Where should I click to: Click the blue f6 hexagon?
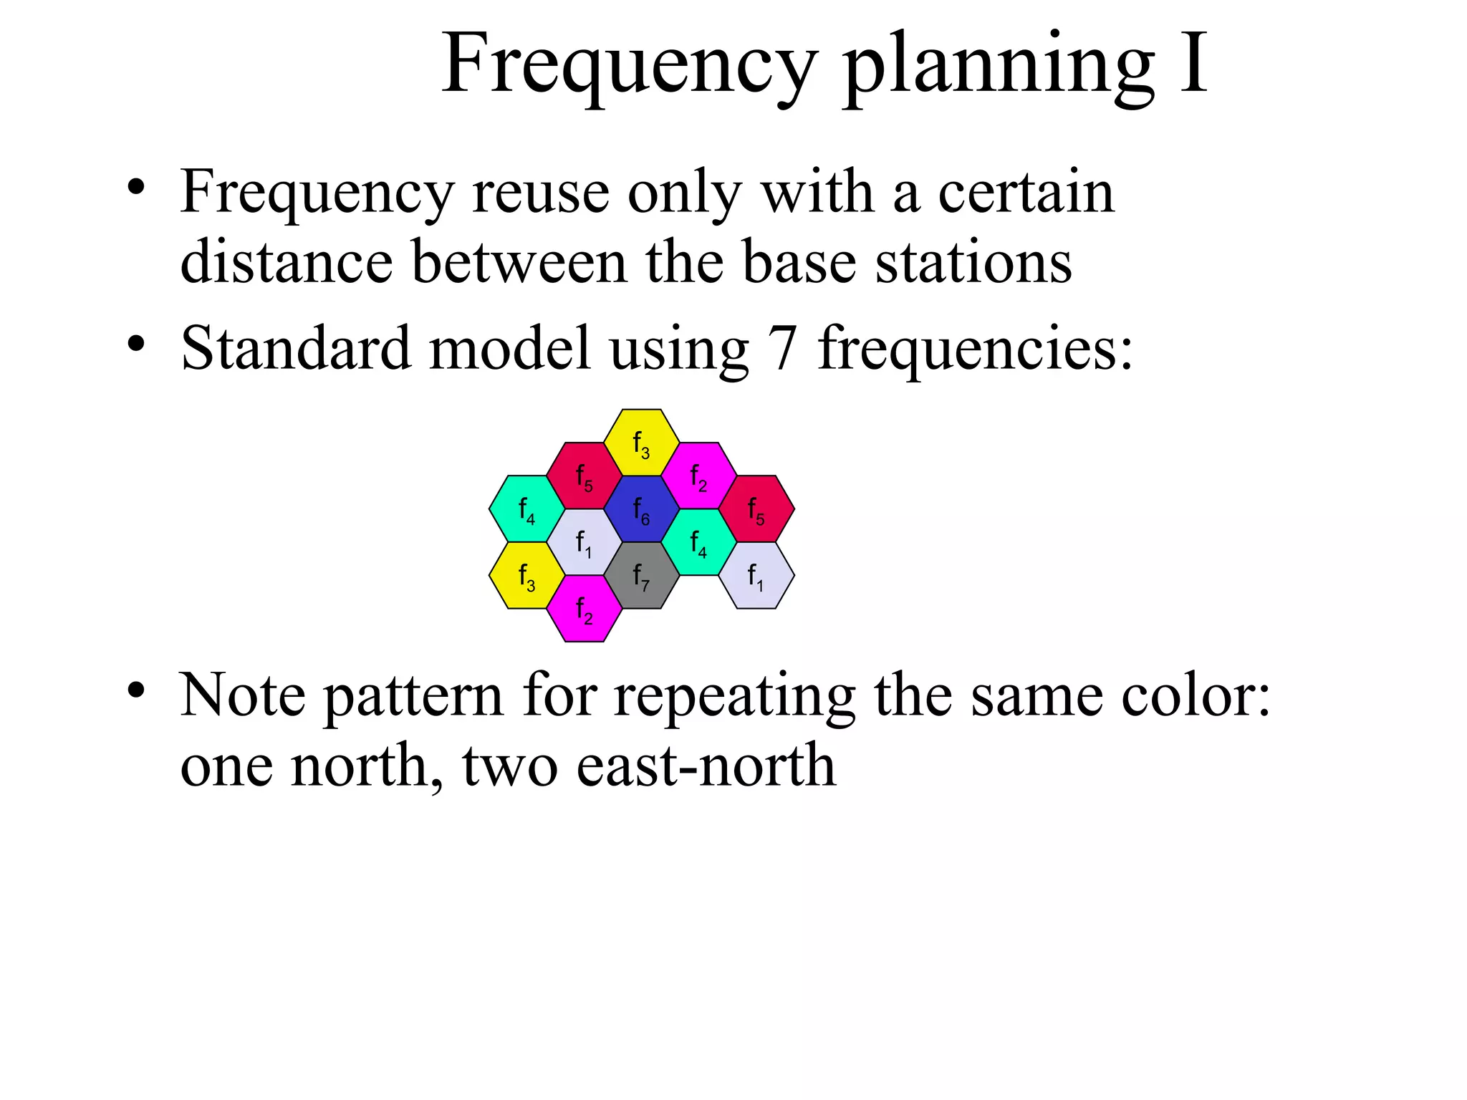[x=641, y=509]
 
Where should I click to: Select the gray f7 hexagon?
[x=641, y=575]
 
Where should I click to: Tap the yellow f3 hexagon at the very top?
[x=641, y=443]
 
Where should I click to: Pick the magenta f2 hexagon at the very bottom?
[x=585, y=609]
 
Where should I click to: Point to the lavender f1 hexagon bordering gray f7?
[x=585, y=542]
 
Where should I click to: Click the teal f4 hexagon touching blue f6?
[x=698, y=542]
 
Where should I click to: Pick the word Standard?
[x=296, y=348]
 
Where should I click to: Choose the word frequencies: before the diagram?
[x=975, y=349]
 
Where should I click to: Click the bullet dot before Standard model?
[x=136, y=345]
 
